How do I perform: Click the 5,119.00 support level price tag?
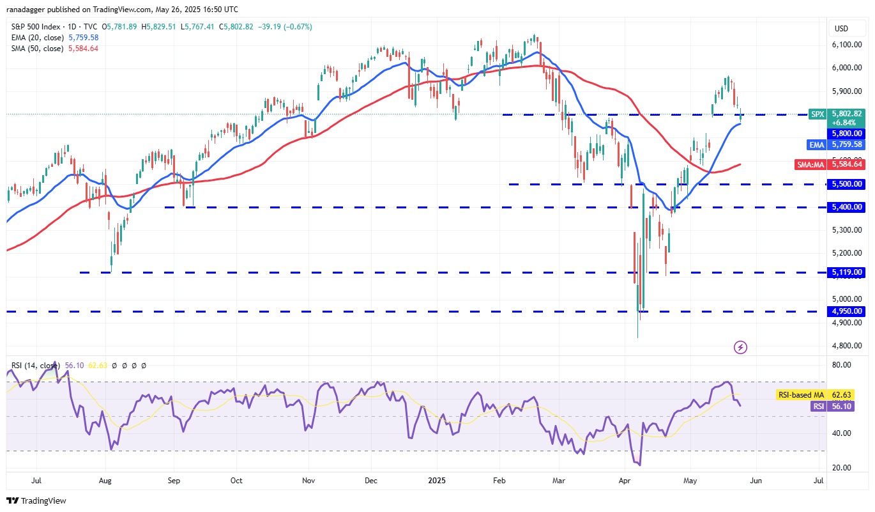(847, 272)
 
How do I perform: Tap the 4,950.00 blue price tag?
(847, 311)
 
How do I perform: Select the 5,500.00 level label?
(847, 183)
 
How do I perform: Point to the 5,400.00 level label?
(847, 207)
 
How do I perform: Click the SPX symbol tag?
(817, 113)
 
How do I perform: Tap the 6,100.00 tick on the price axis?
(847, 44)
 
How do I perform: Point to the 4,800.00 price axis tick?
(847, 346)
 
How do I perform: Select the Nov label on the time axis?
(308, 480)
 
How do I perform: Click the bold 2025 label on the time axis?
(437, 480)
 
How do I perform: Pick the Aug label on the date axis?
(106, 480)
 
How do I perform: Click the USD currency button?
(841, 29)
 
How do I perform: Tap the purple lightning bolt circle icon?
(740, 347)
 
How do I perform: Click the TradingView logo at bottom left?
(36, 500)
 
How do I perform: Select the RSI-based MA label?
(801, 395)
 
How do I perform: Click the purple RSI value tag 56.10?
(847, 406)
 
